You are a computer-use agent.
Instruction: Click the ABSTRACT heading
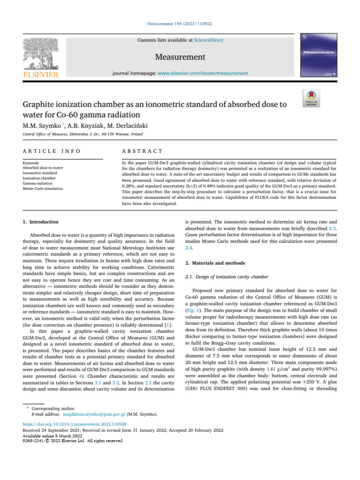tap(142, 151)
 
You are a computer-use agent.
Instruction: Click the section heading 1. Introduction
tap(41, 222)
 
